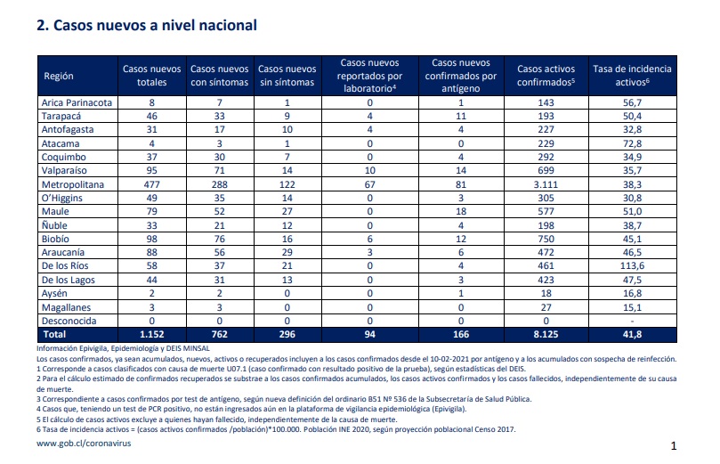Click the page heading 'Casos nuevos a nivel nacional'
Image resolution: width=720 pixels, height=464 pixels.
pos(155,25)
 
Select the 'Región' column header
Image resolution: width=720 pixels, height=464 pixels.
pos(59,76)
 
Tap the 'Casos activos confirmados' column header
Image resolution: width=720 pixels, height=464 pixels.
pos(546,76)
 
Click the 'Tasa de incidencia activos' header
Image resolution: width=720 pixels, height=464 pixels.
pos(632,76)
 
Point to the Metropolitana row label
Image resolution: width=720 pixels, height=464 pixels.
pos(73,184)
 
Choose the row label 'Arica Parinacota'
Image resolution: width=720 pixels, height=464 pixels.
pos(77,102)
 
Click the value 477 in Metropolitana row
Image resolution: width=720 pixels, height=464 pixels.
pos(151,184)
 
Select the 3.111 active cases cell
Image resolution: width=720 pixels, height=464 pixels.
pos(546,184)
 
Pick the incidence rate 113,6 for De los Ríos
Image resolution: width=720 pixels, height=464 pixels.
pos(632,265)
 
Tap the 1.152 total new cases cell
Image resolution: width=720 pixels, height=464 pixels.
pos(151,335)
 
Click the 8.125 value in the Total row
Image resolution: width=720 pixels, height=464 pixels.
pos(546,335)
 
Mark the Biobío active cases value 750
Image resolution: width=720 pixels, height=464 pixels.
pos(546,239)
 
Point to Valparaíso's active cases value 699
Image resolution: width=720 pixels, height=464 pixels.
pos(546,170)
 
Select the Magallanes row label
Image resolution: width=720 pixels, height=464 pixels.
pos(66,307)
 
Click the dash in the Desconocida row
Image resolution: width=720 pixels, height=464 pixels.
pos(632,322)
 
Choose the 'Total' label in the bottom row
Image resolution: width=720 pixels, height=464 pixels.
pos(54,335)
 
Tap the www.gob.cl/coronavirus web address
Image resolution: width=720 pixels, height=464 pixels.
pos(84,444)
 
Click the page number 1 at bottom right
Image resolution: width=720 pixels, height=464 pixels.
pos(674,445)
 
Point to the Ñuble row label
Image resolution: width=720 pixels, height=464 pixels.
pos(54,225)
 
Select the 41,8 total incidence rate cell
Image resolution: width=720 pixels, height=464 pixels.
pos(632,335)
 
